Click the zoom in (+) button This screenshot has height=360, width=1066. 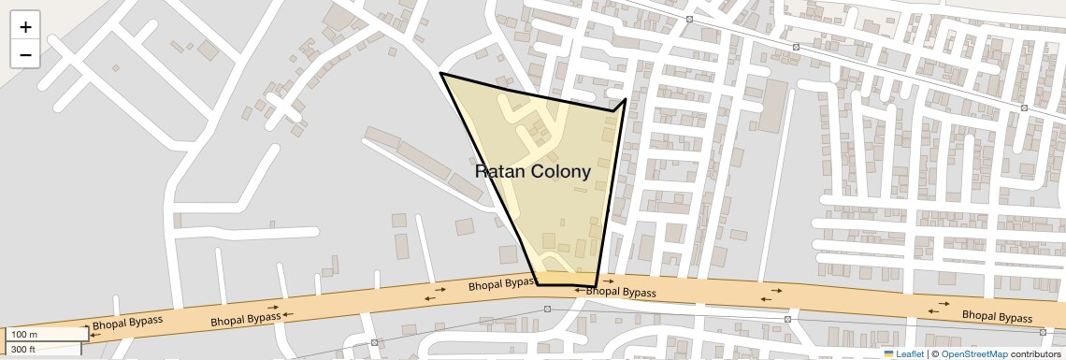tap(25, 26)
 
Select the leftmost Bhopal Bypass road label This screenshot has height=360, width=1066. tap(127, 325)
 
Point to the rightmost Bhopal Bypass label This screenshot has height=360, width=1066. tap(999, 316)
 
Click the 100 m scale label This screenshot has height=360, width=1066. tap(26, 335)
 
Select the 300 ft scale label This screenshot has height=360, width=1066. tap(24, 350)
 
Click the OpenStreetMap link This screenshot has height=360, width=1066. tap(974, 353)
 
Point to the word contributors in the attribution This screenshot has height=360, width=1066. tap(1036, 353)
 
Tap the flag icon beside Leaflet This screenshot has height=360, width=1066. tap(888, 353)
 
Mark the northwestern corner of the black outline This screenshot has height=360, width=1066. tap(440, 73)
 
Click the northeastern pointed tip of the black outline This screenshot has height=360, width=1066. tap(625, 98)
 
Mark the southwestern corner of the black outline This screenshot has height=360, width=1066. tap(537, 283)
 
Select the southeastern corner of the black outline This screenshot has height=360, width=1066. tap(596, 285)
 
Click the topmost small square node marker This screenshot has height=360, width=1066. tap(689, 19)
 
